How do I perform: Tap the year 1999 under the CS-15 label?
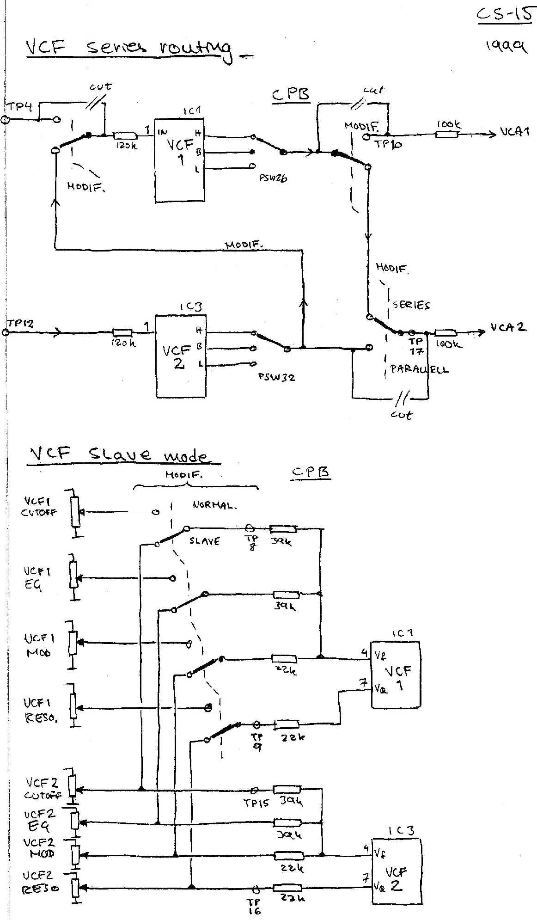tap(506, 46)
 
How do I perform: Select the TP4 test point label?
tap(20, 107)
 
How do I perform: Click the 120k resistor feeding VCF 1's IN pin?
tap(125, 135)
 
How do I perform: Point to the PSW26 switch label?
tap(273, 177)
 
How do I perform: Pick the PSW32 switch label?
tap(276, 377)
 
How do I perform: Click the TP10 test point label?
tap(388, 144)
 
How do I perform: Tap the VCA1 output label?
tap(514, 132)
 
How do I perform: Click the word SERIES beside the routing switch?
tap(411, 305)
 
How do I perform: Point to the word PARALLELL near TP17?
tap(419, 369)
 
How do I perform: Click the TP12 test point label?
tap(20, 324)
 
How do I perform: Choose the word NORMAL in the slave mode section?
tap(214, 505)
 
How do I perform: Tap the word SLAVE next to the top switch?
tap(204, 541)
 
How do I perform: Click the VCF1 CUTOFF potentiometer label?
tap(39, 507)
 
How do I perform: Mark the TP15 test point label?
tap(256, 803)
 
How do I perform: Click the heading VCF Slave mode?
tap(119, 454)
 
